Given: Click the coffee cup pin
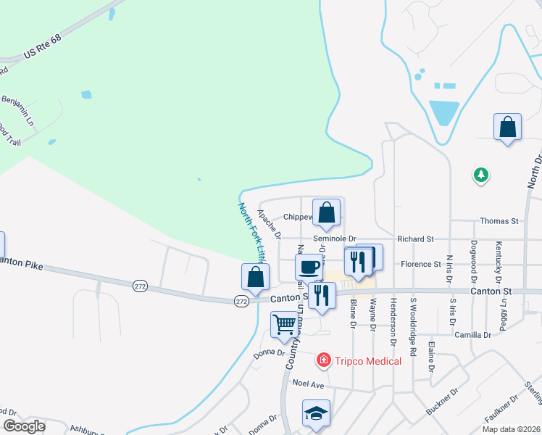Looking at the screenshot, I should pos(309,266).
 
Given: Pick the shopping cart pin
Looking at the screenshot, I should pos(285,324).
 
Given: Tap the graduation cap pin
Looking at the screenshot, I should pos(316,413).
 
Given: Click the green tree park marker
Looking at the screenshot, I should pos(480,175).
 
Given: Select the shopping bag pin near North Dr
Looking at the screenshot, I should pos(507,127).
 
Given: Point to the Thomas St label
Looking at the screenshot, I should pos(500,220).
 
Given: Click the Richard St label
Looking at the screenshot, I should pos(414,239).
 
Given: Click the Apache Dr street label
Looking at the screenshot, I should pos(269,224).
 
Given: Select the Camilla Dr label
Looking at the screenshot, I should pos(472,335).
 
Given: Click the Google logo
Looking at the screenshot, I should pos(24,426).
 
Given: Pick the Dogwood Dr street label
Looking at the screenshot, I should pos(474,261).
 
